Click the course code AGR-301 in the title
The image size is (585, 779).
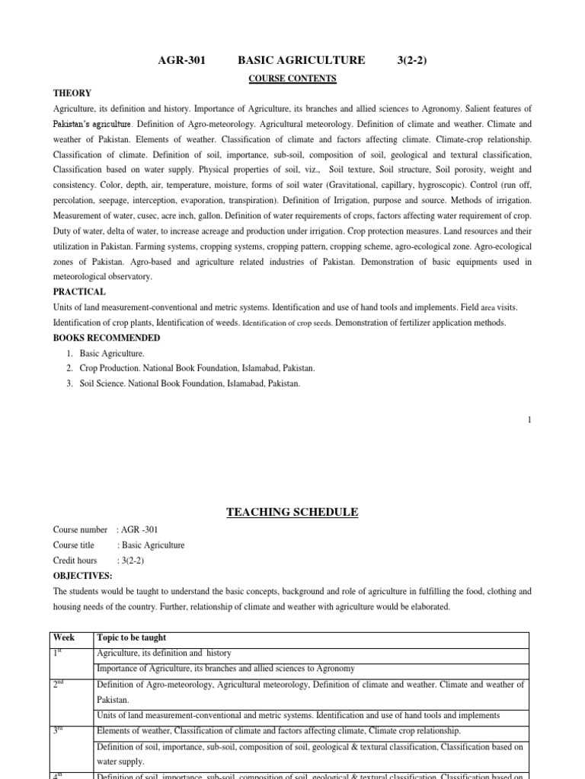182,60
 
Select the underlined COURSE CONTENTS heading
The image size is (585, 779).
292,78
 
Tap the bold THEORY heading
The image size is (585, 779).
72,94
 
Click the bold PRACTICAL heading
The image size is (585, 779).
79,292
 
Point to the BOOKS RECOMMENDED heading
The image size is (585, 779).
106,338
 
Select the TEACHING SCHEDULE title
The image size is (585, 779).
292,512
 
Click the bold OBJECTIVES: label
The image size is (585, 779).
82,576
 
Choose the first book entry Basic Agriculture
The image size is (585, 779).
111,353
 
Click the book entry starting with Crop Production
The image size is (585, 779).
197,368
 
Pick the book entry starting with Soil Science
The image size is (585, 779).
190,383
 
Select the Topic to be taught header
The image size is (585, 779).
131,638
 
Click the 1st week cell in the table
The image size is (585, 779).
60,653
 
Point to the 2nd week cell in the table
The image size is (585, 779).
61,685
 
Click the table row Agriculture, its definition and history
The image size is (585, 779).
164,653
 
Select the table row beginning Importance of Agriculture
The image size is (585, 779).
225,669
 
